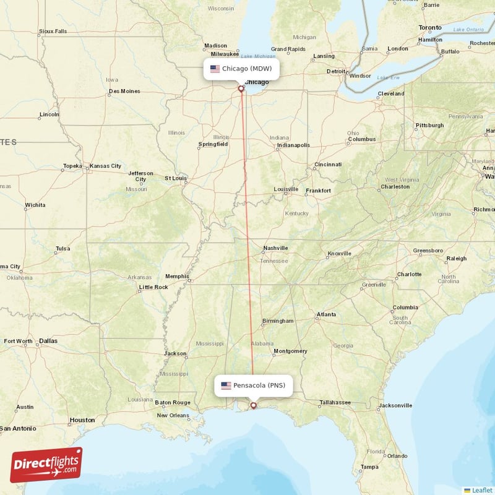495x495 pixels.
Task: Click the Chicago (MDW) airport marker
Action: coord(241,88)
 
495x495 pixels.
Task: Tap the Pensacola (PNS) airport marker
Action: coord(253,406)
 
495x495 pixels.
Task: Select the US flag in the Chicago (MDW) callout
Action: coord(215,69)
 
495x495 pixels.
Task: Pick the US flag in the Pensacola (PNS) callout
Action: coord(226,385)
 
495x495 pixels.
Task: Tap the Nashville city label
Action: coord(275,248)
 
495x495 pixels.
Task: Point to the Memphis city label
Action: coord(177,277)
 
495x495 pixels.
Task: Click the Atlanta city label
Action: coord(326,315)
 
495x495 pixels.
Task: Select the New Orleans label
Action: coord(173,415)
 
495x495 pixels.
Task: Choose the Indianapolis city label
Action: coord(293,145)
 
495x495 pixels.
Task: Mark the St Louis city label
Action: coord(176,178)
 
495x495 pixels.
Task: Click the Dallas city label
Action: coord(48,340)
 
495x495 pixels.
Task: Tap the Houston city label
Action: coord(82,420)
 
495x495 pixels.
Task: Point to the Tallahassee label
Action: coord(335,403)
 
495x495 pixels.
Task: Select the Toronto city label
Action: coord(430,28)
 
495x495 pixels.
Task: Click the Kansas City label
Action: coord(106,166)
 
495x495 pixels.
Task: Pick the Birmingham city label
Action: coord(277,321)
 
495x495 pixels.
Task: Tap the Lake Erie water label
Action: coord(389,77)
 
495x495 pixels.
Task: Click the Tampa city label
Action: coord(370,467)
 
